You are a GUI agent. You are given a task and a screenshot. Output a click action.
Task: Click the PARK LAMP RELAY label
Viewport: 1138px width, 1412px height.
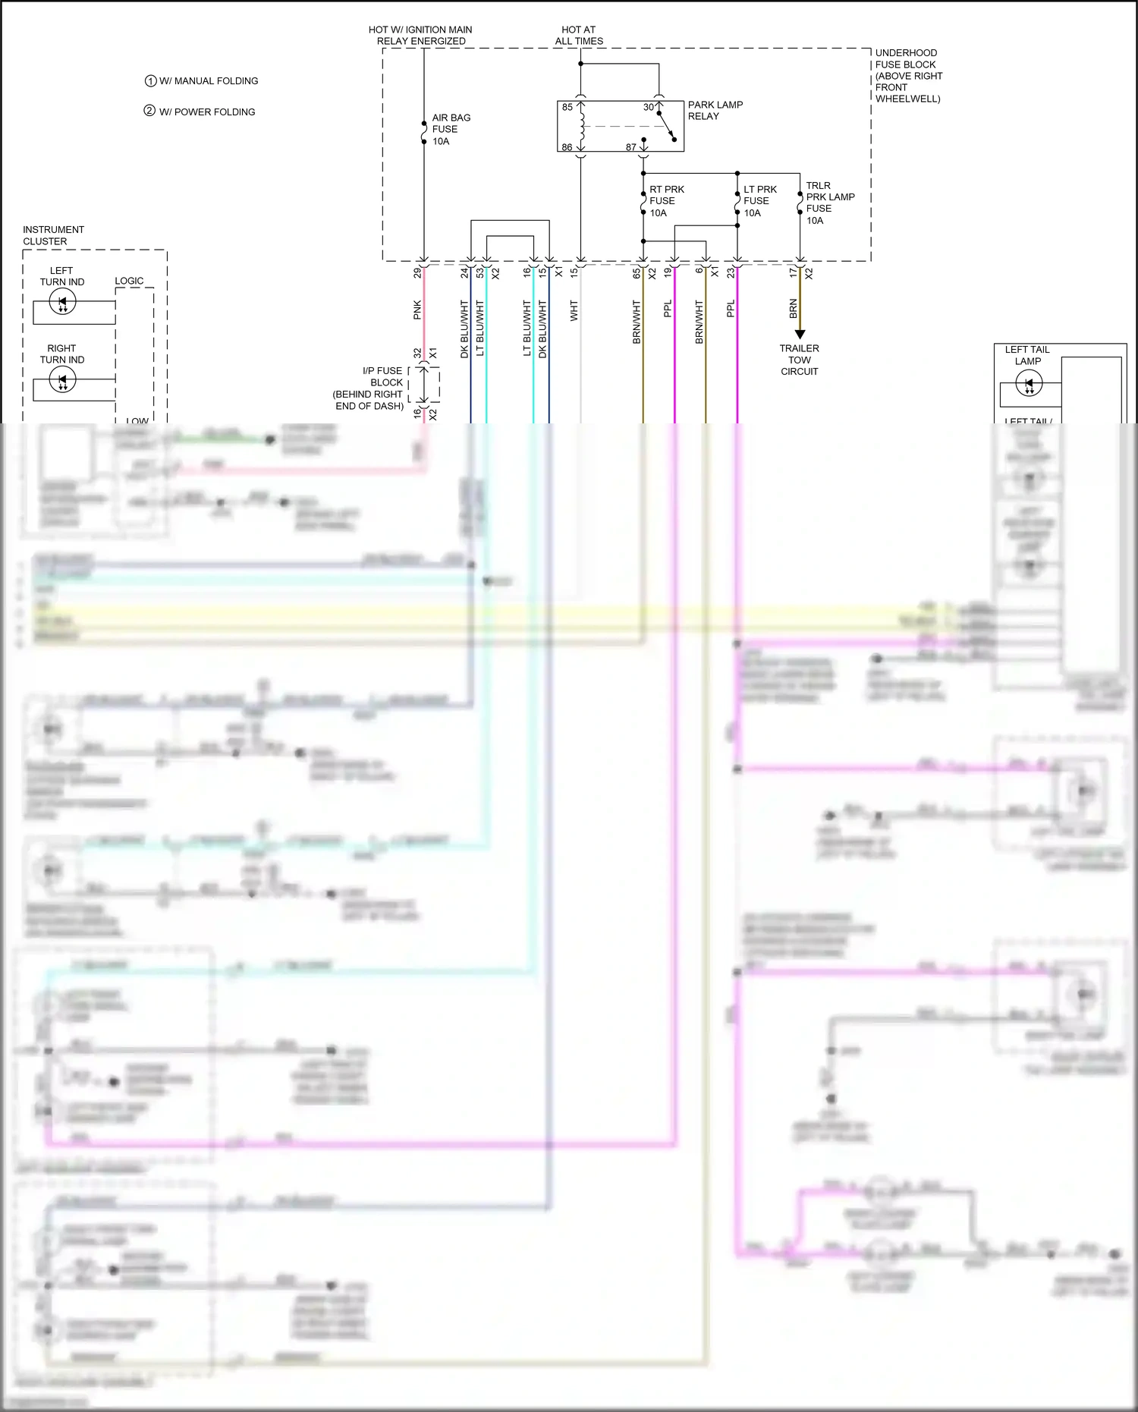715,111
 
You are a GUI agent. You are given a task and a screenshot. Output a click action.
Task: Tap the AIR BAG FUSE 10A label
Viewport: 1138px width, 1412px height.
451,130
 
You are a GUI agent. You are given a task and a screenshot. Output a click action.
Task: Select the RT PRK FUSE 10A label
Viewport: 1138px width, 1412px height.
666,201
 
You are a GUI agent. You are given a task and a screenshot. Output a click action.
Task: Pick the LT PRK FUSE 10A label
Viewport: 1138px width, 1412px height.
759,201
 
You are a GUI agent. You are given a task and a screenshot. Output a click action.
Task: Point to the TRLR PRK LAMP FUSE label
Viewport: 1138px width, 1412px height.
829,203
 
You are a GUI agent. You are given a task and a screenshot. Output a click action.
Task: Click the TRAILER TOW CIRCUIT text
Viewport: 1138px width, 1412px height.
799,360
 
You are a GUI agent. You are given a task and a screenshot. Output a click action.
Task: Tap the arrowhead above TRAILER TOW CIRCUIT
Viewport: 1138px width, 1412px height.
800,334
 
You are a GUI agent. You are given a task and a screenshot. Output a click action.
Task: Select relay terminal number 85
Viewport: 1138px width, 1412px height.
567,107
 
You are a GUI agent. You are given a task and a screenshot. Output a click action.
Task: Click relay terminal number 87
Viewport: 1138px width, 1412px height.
630,147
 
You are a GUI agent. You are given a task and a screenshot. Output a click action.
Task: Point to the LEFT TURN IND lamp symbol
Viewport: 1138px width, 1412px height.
62,302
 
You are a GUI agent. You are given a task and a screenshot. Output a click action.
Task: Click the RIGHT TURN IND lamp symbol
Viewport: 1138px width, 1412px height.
62,379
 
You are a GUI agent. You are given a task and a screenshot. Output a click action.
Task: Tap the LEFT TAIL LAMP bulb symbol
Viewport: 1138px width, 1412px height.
1029,385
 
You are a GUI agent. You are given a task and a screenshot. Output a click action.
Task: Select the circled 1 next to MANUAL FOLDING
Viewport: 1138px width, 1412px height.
150,81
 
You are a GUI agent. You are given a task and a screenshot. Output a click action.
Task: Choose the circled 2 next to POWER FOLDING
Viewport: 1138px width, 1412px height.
149,111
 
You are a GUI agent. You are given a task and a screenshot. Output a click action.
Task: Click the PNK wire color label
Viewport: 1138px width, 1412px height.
417,310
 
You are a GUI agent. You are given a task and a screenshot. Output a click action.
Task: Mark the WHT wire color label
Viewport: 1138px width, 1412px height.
574,310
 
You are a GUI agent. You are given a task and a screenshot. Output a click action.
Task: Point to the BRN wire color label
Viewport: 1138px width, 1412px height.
794,308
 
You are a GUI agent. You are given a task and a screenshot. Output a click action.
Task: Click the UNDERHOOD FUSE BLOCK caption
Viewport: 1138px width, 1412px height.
908,76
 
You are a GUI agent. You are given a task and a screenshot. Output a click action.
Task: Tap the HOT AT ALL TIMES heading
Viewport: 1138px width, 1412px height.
579,36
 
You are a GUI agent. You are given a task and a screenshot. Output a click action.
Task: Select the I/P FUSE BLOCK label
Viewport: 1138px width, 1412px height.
369,388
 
